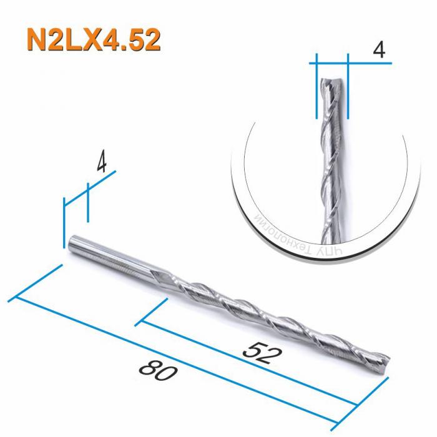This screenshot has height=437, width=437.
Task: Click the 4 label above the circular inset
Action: point(377,51)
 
